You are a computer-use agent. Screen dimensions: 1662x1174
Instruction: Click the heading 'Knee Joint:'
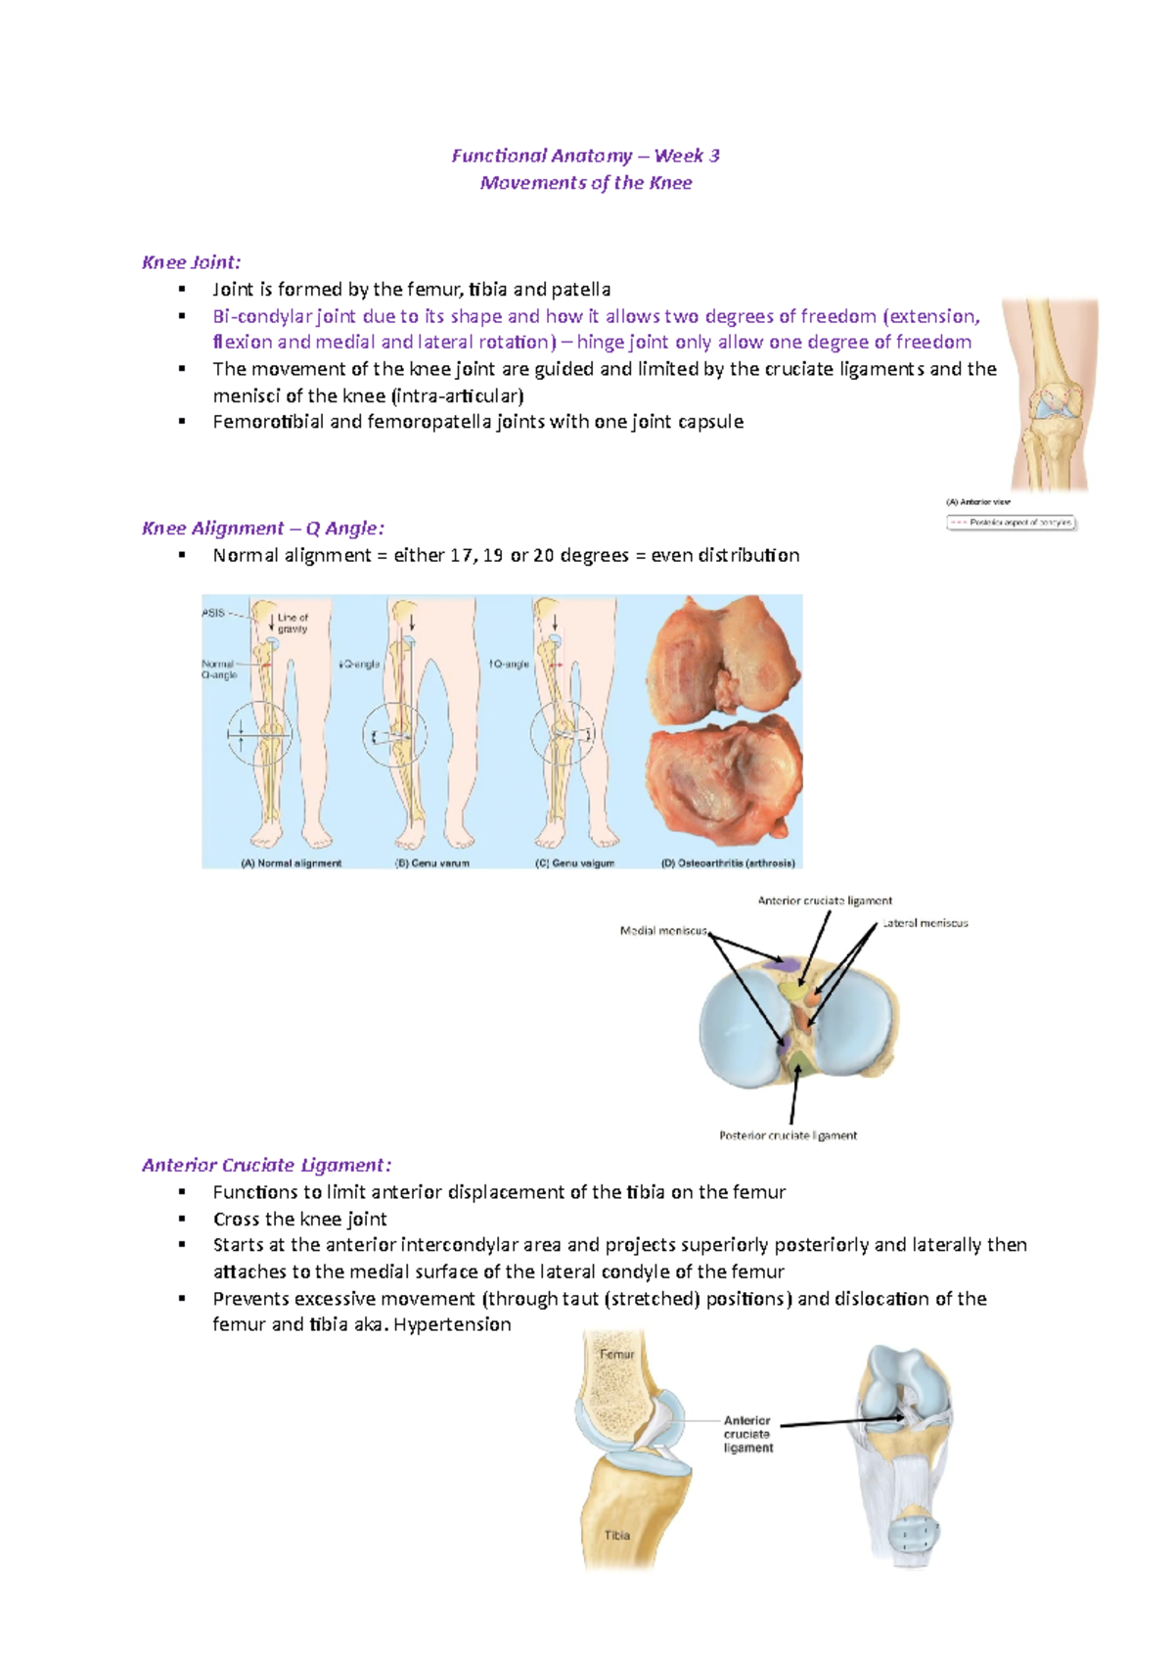[x=191, y=262]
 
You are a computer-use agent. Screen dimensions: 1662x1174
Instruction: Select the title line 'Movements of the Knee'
[x=585, y=183]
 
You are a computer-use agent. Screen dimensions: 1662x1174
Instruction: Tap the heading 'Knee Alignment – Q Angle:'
[x=262, y=529]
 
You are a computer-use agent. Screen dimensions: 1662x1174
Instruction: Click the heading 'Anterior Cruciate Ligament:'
[x=266, y=1165]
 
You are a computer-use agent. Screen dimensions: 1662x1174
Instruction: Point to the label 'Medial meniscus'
[x=662, y=931]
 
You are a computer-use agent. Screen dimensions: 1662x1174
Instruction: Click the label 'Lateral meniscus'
[x=926, y=923]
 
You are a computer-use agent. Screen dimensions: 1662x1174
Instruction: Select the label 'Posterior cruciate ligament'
[x=788, y=1135]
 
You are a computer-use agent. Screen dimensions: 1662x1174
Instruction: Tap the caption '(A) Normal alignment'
[x=291, y=863]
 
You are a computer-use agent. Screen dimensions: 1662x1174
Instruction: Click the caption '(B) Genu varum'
[x=431, y=863]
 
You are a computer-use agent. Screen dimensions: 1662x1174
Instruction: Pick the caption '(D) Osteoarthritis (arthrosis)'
[x=728, y=863]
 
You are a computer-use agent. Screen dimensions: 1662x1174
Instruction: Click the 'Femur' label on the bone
[x=616, y=1355]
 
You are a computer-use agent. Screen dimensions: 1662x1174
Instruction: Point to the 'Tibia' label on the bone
[x=616, y=1535]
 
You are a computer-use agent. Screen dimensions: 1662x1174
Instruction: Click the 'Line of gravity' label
[x=292, y=623]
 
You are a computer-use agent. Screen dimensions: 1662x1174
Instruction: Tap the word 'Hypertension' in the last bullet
[x=452, y=1324]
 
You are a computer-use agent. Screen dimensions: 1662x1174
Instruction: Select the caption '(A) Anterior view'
[x=977, y=502]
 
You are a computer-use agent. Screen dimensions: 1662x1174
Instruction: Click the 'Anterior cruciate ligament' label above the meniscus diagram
[x=825, y=900]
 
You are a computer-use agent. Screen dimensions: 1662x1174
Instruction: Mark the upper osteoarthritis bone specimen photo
[x=724, y=661]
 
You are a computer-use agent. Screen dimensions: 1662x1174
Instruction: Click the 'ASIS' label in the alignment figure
[x=213, y=613]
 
